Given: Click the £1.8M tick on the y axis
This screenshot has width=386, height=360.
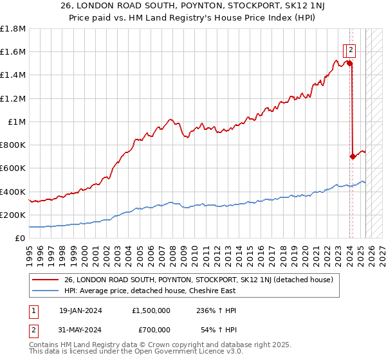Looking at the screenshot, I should pyautogui.click(x=13, y=29).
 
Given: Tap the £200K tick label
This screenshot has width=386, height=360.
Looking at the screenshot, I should pyautogui.click(x=13, y=215).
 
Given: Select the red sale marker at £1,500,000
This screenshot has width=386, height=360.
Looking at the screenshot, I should pyautogui.click(x=349, y=63).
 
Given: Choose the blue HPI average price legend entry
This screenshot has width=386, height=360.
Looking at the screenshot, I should pyautogui.click(x=150, y=291).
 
